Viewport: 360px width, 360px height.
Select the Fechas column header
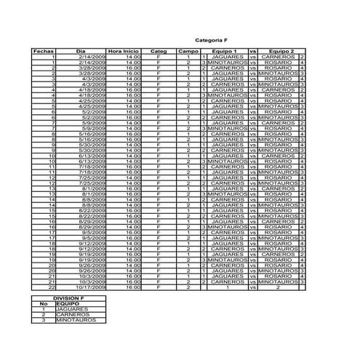click(44, 51)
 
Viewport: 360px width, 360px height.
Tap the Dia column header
click(81, 51)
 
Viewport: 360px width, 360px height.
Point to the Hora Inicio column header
click(123, 51)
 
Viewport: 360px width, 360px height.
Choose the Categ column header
click(158, 51)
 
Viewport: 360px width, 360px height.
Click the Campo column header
click(188, 51)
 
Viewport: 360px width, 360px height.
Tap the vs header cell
click(253, 51)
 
